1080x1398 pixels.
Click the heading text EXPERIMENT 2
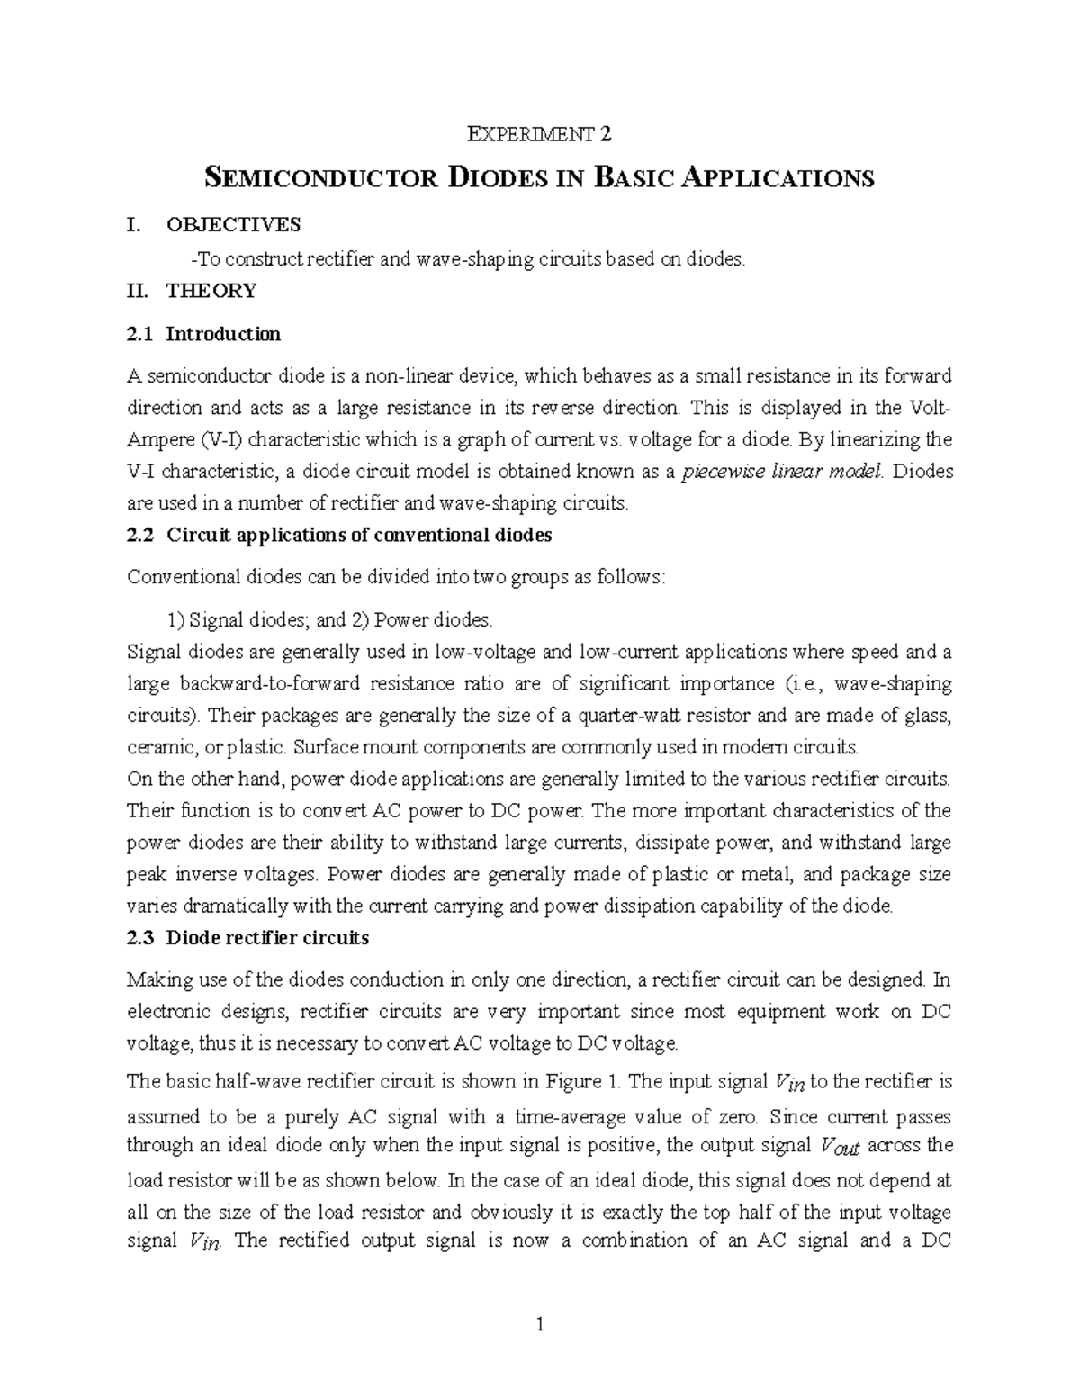(x=540, y=135)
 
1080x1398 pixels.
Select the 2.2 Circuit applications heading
(x=339, y=535)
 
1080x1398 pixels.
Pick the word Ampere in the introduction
(x=157, y=440)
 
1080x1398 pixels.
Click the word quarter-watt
(x=625, y=716)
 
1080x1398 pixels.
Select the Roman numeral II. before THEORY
(x=139, y=291)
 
